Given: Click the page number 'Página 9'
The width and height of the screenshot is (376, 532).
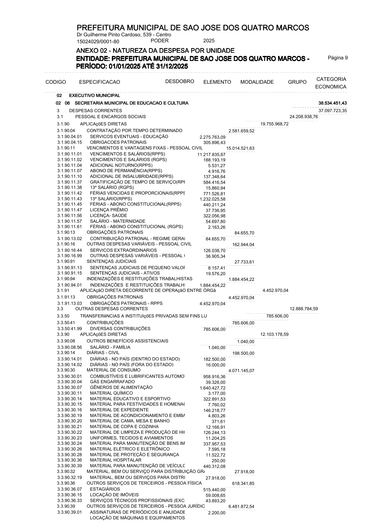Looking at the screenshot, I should tap(338, 58).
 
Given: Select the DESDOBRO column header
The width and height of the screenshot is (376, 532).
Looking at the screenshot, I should tap(179, 82).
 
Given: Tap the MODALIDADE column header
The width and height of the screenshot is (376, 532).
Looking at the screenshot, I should tap(257, 82).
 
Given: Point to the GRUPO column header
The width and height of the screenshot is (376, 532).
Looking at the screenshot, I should tap(297, 82).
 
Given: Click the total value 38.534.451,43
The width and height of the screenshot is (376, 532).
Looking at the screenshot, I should tap(333, 103).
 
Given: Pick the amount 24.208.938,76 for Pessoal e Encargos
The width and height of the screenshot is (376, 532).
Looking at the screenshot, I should tap(304, 117).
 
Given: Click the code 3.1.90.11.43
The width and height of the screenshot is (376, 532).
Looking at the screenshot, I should tap(70, 199).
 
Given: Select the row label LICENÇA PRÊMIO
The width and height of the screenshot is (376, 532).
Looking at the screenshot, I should tap(109, 210).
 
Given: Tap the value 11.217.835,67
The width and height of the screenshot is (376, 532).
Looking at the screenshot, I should tap(211, 154).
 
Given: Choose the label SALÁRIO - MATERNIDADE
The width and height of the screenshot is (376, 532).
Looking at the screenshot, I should tap(118, 221).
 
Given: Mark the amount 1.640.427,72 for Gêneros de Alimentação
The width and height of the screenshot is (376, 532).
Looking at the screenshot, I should tap(212, 388).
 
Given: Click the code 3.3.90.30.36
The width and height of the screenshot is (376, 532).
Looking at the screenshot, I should tap(70, 460).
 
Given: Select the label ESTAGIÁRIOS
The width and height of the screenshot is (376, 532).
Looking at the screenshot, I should tap(105, 489).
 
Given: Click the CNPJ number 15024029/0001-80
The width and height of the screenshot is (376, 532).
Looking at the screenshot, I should tap(98, 41).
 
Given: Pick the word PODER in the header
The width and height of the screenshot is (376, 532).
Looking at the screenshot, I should tap(160, 41).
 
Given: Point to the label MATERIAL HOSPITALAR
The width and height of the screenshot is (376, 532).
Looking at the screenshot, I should tap(116, 460).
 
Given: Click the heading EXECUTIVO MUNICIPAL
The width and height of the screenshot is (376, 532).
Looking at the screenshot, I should tap(94, 95).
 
